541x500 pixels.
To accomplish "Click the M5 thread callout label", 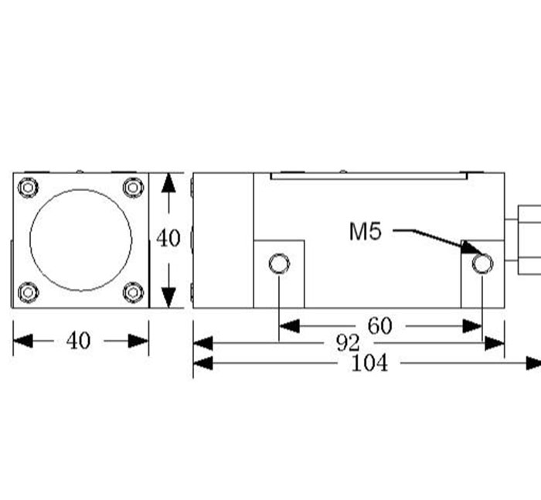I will pos(366,231).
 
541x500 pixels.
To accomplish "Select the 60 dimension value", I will pos(379,326).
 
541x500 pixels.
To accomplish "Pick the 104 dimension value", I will pos(369,363).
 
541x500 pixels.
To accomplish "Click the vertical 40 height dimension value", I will pos(168,238).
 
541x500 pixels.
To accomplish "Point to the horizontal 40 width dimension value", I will pos(78,341).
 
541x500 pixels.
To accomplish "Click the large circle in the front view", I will pos(80,240).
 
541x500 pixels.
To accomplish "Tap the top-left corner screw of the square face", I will pos(29,187).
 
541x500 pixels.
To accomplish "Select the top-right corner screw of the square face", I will pos(133,187).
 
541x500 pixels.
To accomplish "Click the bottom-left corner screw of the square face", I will pos(29,292).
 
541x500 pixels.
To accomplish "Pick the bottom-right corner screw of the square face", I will pos(133,292).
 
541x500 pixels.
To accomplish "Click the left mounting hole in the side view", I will pos(279,265).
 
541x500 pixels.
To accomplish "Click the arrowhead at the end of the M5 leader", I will pos(471,247).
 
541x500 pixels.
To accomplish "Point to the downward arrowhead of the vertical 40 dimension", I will pos(168,297).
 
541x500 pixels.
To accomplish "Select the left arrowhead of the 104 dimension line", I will pos(202,363).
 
